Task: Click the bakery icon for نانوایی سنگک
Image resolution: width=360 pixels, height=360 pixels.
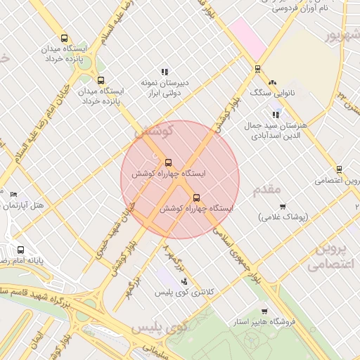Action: pos(272,83)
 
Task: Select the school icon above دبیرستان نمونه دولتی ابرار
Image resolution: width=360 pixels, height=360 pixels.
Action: pos(165,72)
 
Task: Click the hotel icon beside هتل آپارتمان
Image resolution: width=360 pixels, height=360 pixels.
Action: pos(13,194)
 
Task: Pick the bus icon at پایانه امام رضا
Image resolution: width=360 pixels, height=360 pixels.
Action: pos(20,250)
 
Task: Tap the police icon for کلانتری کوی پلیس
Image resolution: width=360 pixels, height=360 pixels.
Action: pos(184,282)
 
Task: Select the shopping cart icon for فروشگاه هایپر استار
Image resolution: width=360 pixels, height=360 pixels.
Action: pos(264,311)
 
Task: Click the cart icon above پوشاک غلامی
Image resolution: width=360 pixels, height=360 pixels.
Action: pos(283,207)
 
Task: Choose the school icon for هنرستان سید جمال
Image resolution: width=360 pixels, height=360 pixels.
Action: pos(276,115)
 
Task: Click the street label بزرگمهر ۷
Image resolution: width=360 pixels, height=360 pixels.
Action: pos(174,258)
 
